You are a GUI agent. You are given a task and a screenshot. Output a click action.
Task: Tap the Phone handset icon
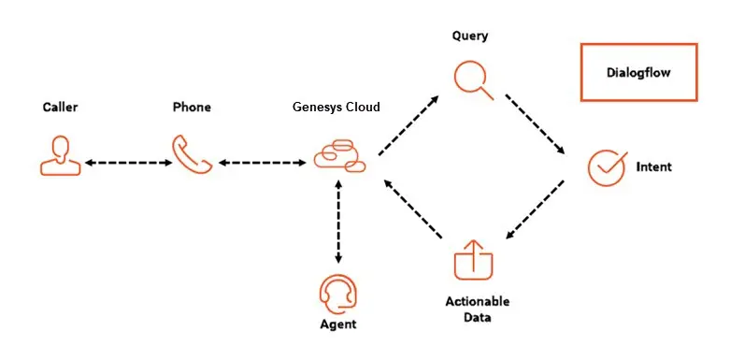(192, 154)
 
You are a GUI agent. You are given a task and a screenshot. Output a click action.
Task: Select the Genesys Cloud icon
(338, 155)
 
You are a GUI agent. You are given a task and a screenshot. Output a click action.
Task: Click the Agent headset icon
(337, 294)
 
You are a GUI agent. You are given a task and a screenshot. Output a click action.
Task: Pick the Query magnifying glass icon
(474, 79)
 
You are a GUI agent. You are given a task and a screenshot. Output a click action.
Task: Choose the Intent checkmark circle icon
(606, 167)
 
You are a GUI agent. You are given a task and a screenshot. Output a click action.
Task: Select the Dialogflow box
(638, 72)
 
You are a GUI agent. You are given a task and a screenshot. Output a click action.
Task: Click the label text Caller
(60, 108)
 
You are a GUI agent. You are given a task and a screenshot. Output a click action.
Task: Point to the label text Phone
(192, 108)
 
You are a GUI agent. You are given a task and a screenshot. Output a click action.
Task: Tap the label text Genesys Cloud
(336, 108)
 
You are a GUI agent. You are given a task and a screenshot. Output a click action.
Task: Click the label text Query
(470, 36)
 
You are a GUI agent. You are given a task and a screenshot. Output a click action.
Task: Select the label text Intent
(653, 167)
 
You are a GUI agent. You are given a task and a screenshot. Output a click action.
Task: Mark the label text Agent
(337, 325)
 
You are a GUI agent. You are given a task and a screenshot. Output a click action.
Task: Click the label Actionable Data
(477, 310)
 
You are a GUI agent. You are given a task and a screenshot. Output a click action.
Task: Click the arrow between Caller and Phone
(126, 163)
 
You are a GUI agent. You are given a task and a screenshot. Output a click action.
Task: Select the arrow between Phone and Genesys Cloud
(263, 163)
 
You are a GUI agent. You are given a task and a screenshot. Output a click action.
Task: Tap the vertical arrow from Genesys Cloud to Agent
(337, 222)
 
